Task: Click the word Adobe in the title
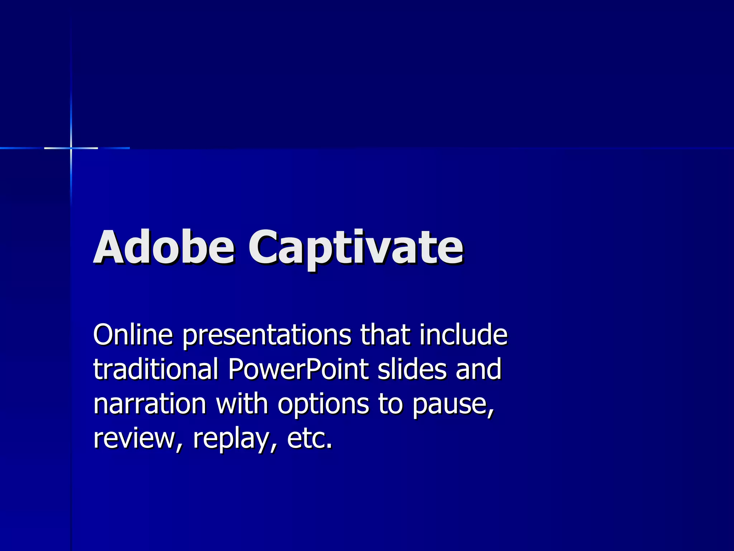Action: tap(164, 247)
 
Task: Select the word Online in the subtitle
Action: tap(133, 334)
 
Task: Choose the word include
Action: tap(463, 334)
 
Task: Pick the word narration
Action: tap(150, 404)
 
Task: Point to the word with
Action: tap(242, 404)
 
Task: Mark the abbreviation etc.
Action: tap(309, 438)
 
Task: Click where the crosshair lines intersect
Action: tap(71, 148)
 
